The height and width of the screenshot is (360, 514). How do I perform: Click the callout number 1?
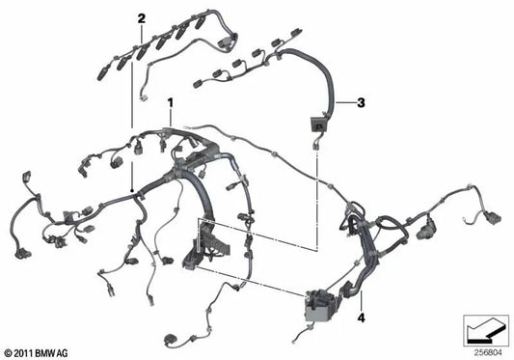point(171,101)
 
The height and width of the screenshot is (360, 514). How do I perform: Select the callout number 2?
point(141,18)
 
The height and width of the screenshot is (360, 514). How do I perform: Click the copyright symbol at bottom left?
point(10,352)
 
